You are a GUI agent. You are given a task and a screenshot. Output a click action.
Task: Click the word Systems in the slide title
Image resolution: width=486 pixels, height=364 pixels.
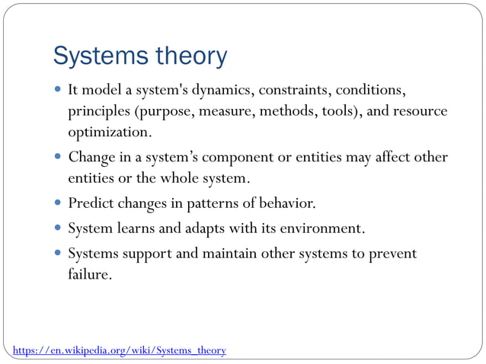tap(97, 56)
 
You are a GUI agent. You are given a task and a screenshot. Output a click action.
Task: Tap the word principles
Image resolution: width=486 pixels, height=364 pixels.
tap(99, 112)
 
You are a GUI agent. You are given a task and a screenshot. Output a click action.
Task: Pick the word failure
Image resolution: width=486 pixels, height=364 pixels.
tap(89, 273)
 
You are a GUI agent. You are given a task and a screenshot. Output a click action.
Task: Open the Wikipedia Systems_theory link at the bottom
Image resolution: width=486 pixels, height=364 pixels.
tap(120, 350)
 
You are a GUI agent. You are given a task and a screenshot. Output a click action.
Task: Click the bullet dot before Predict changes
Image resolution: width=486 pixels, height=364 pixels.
tap(59, 204)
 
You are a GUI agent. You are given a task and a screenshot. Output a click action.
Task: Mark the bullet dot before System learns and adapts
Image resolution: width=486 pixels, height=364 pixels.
tap(59, 228)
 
